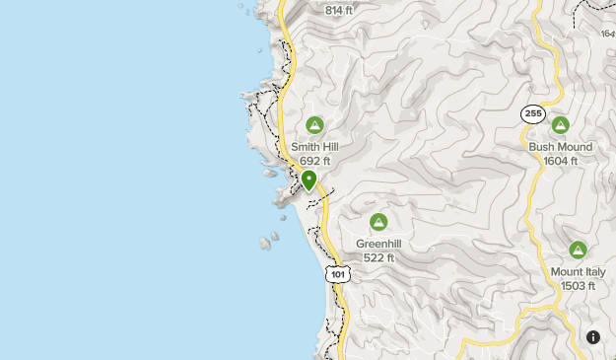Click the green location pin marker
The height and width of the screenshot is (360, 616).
point(309,180)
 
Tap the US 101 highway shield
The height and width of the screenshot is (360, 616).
point(338,273)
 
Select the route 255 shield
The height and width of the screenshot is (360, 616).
point(533,114)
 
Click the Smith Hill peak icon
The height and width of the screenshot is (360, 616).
point(315,125)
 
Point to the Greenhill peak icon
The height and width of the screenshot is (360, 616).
point(377,222)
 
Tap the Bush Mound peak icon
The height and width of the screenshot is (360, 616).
point(561,125)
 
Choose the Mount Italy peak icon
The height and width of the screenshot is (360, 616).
point(578,250)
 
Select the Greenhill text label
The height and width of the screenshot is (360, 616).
point(378,244)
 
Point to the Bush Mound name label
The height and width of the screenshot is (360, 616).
point(561,147)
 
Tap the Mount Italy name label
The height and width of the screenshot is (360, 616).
point(578,272)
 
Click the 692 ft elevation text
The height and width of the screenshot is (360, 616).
point(315,161)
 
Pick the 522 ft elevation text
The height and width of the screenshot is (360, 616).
point(378,257)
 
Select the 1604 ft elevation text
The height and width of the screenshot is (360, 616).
point(561,161)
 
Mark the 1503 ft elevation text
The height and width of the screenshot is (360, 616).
point(578,286)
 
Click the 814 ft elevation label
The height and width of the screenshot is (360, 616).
point(338,11)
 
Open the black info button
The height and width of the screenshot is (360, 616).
point(593,337)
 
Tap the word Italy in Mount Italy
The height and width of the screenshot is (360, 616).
point(593,272)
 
